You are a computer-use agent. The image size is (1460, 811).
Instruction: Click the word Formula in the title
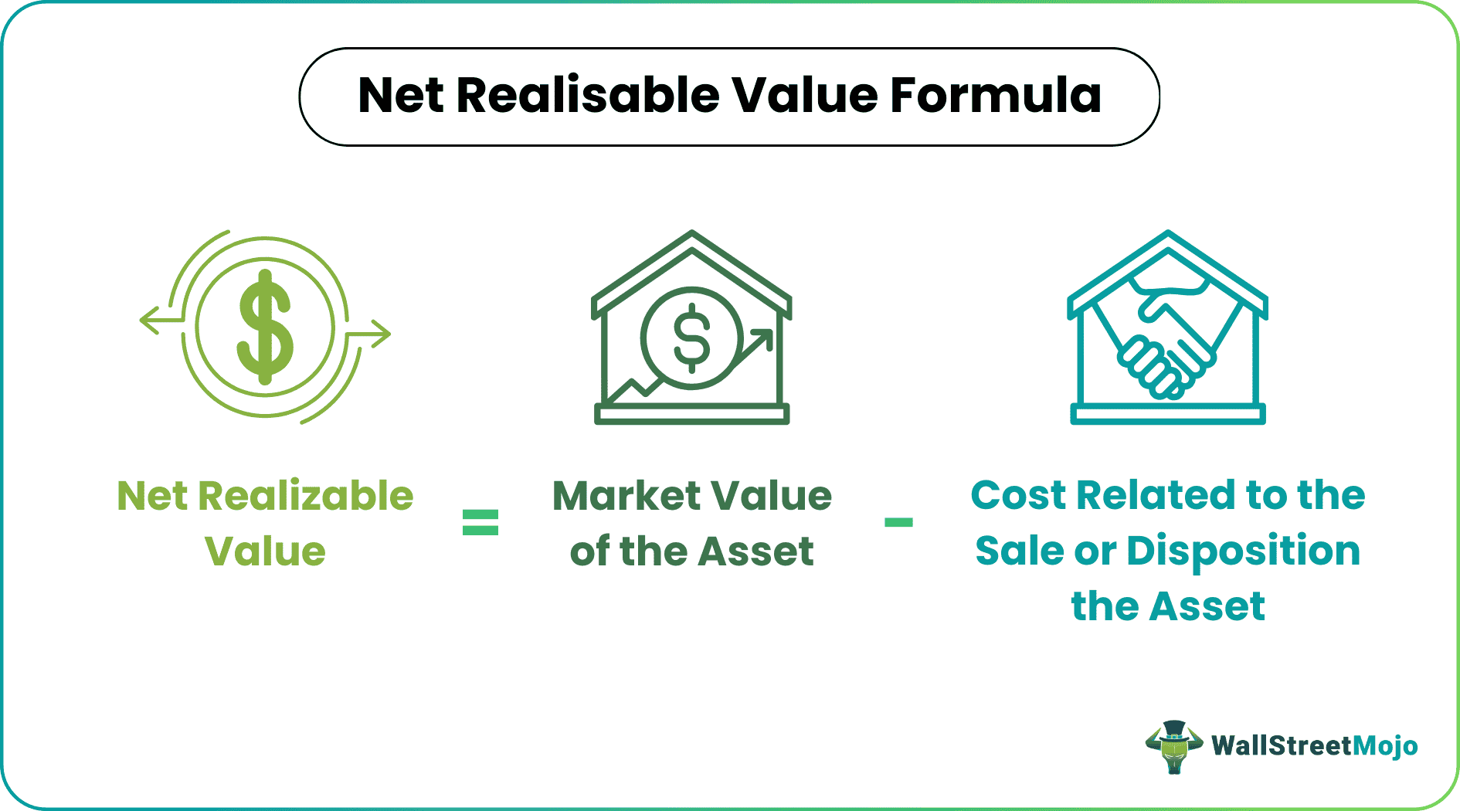(996, 96)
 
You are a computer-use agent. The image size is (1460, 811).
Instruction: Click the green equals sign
(480, 522)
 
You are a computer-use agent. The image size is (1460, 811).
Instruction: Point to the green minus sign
(898, 522)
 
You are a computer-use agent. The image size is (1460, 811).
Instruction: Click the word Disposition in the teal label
(1243, 551)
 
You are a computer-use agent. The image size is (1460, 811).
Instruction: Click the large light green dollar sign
(265, 327)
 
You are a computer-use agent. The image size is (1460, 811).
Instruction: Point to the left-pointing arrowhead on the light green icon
(148, 319)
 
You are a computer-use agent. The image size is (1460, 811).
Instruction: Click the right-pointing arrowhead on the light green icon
(382, 334)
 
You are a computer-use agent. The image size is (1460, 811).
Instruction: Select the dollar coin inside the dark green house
(691, 338)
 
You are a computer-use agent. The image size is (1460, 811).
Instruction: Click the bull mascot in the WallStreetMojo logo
(1174, 746)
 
